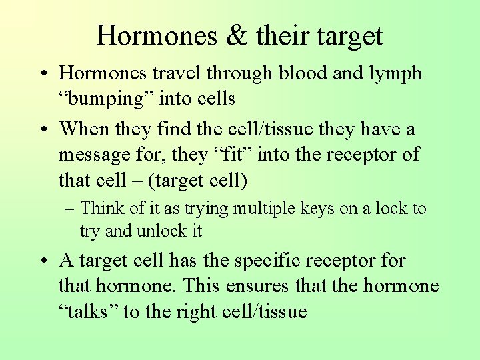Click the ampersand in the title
(236, 35)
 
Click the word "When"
(84, 129)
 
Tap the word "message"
(100, 155)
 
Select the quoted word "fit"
(234, 155)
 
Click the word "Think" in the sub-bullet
(103, 208)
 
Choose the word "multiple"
(263, 209)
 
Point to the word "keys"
(317, 209)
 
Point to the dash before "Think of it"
(70, 209)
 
